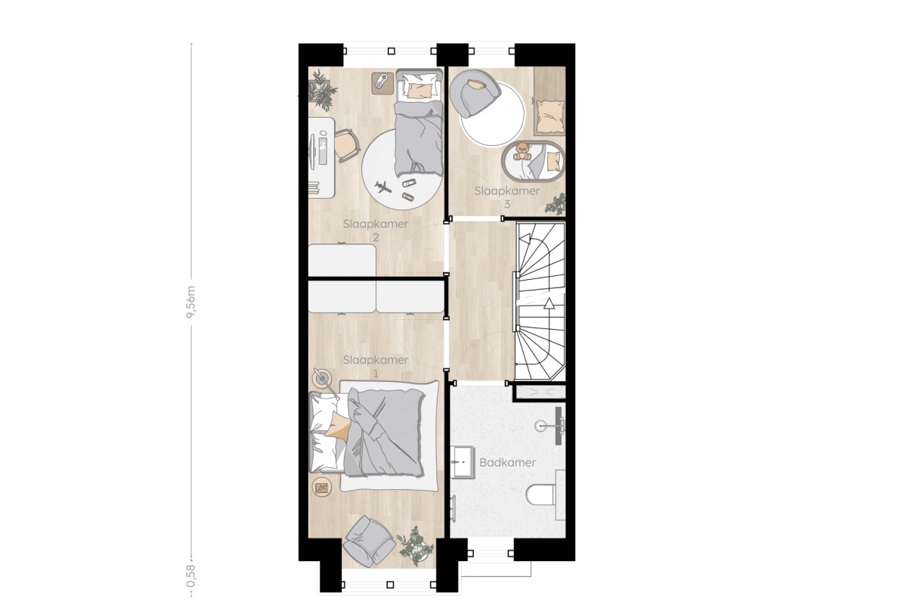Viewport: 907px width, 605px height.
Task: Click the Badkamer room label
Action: click(x=507, y=462)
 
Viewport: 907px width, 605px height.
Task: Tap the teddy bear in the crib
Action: click(x=522, y=151)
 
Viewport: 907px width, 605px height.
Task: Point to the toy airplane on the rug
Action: click(x=382, y=188)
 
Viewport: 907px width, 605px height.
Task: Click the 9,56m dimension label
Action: click(x=191, y=302)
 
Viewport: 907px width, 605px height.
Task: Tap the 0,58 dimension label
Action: click(x=191, y=576)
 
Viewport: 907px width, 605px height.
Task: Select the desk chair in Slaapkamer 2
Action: click(x=347, y=144)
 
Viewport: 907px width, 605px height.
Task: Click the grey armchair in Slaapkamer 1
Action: click(x=369, y=541)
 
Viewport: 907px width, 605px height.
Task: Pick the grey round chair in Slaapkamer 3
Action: click(x=475, y=97)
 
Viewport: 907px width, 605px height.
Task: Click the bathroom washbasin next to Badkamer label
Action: click(x=463, y=462)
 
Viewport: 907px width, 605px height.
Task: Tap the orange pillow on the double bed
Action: click(x=338, y=426)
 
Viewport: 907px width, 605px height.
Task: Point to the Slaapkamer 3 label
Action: click(x=507, y=197)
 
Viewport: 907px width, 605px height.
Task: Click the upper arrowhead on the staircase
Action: click(x=526, y=239)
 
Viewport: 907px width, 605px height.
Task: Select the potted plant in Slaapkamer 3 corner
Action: click(x=555, y=203)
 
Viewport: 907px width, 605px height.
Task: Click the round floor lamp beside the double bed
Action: click(x=323, y=378)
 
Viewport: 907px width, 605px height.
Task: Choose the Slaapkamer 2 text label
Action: click(x=376, y=230)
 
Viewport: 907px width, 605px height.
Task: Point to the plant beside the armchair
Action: click(x=412, y=545)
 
